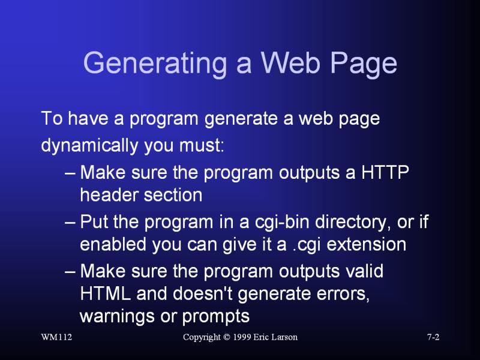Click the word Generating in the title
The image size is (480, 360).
(155, 64)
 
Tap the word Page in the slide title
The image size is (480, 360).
(364, 64)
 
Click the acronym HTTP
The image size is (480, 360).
(385, 172)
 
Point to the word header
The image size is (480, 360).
(109, 194)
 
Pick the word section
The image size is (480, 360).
(173, 194)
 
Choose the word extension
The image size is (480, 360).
(367, 244)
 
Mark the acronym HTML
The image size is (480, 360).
(106, 293)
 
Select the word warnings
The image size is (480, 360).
(117, 317)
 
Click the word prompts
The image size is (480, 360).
(216, 317)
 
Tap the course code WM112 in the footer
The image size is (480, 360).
(56, 337)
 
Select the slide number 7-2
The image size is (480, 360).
(433, 337)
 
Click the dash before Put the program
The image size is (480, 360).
(70, 223)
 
